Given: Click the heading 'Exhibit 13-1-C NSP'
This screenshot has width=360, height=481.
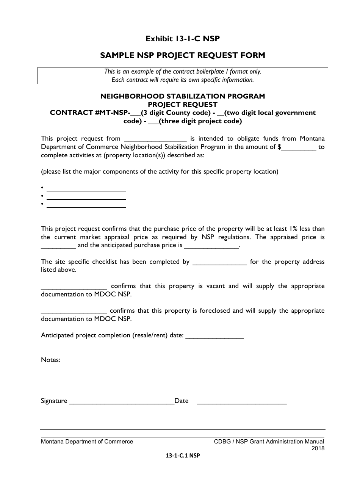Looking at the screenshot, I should [183, 39].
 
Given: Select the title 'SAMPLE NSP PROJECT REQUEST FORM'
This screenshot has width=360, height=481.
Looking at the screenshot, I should [183, 55].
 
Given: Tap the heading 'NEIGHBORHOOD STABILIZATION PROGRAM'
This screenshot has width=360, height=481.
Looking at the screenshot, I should [183, 96].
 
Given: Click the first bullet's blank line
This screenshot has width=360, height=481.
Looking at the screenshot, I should [86, 188].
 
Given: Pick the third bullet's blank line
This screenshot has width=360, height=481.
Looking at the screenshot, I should [86, 205].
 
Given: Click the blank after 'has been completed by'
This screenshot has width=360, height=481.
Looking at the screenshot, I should [220, 262].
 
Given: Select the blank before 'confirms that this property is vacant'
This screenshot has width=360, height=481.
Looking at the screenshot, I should [74, 287].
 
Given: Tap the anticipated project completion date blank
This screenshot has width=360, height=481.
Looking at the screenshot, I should [215, 336].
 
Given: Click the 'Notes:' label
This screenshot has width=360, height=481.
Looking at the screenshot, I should [50, 360].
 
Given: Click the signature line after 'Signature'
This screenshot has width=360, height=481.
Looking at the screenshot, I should [121, 401].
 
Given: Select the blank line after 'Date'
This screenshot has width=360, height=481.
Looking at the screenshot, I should [242, 401].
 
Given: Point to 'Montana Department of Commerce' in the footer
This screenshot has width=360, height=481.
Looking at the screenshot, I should [87, 442].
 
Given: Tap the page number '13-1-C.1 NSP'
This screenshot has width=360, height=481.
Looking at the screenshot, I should [183, 456].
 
